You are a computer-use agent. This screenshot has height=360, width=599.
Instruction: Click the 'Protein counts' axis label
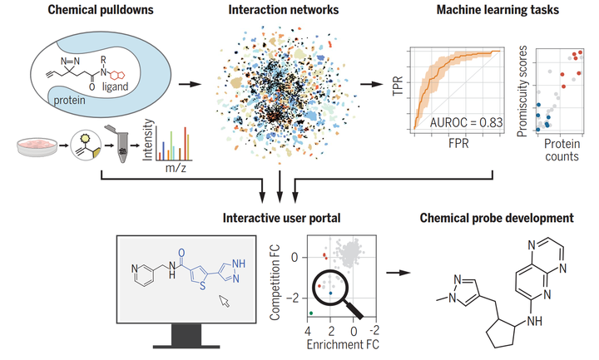click(563, 150)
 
